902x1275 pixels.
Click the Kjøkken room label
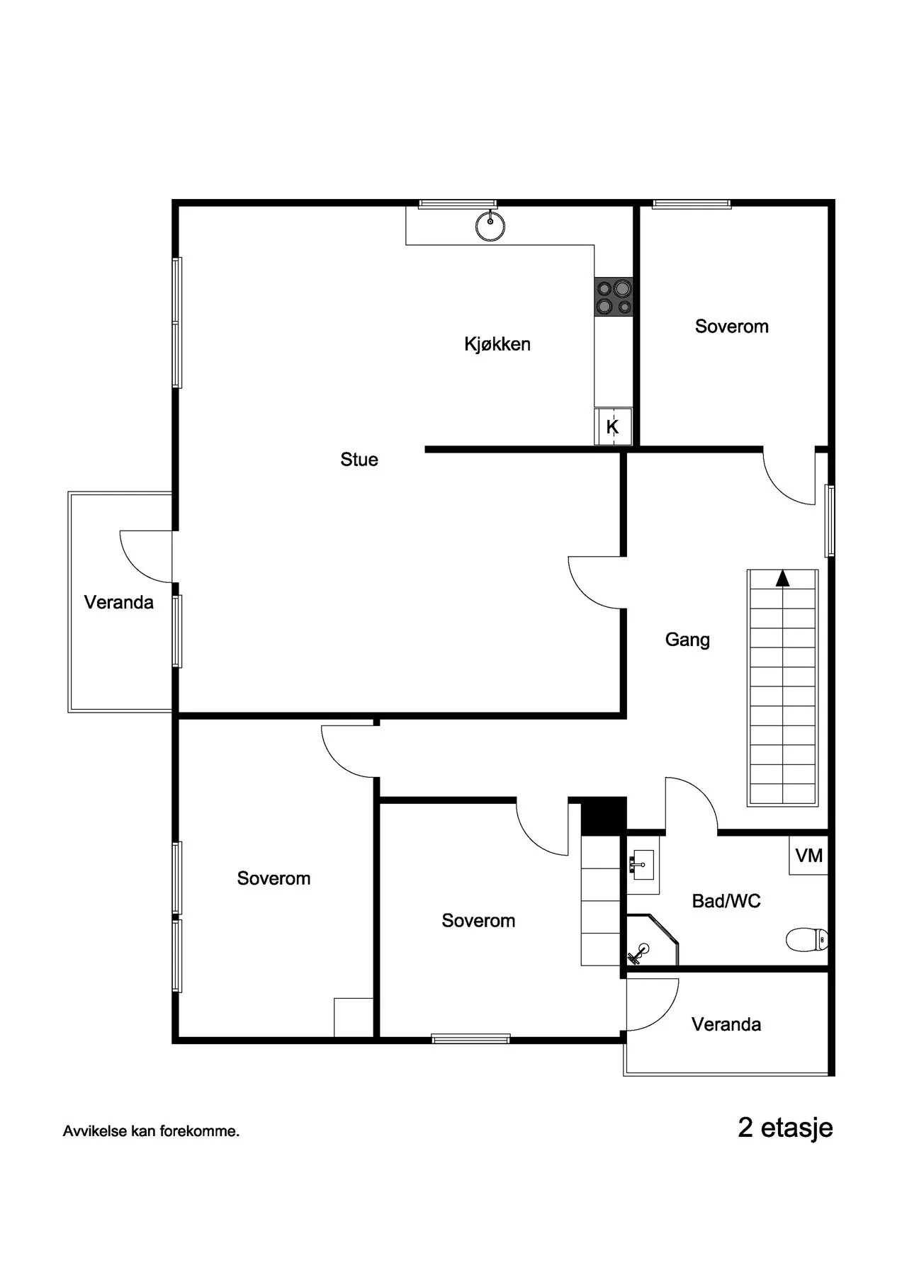(x=497, y=344)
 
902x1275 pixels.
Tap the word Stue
(x=359, y=460)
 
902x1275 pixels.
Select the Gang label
(x=687, y=640)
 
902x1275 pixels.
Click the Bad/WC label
(x=726, y=901)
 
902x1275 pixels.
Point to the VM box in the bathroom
(x=808, y=856)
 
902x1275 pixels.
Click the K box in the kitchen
(x=613, y=426)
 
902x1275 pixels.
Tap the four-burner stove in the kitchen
(x=614, y=297)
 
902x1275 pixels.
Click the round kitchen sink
(x=490, y=227)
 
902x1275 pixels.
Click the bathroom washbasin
(x=643, y=864)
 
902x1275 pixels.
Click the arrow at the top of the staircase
(x=782, y=578)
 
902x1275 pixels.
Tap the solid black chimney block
(x=604, y=816)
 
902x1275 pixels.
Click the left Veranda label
(x=119, y=603)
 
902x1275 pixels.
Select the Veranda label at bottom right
(x=726, y=1024)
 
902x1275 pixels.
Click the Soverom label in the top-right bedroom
(x=732, y=327)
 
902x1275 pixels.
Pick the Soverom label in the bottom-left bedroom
(x=274, y=879)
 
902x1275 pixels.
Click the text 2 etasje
(x=786, y=1128)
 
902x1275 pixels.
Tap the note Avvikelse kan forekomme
(x=151, y=1131)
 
